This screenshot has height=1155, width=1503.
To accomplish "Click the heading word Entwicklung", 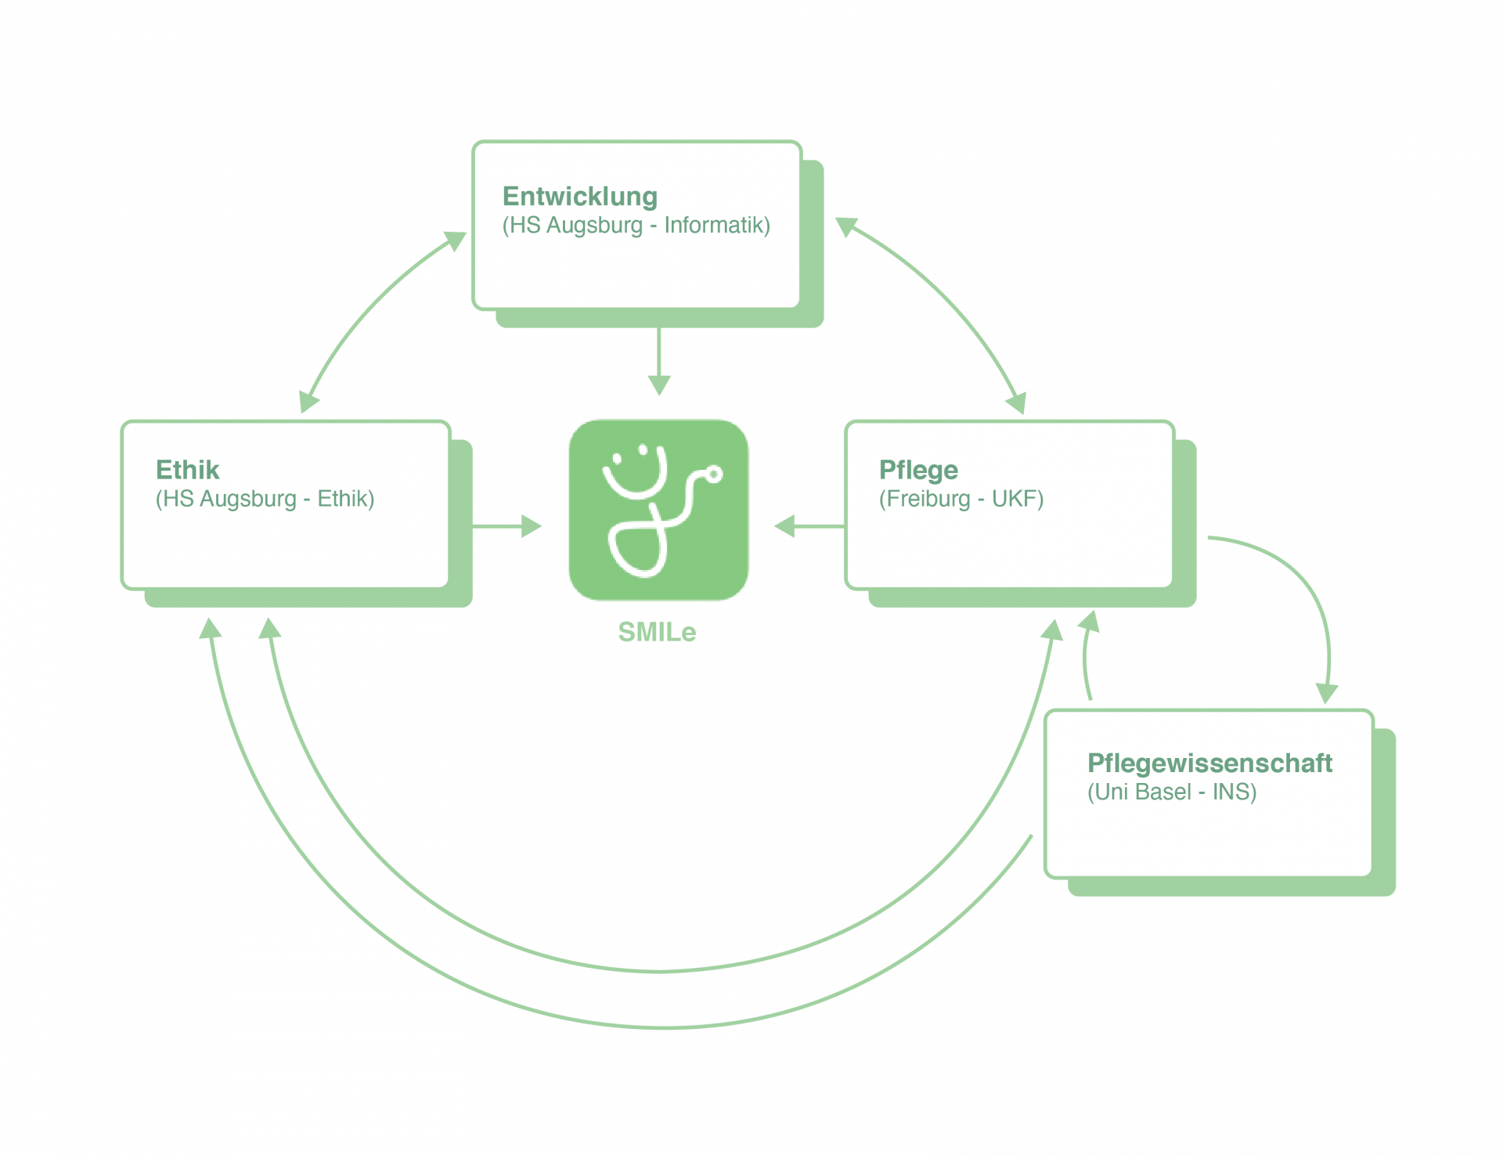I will pos(579,197).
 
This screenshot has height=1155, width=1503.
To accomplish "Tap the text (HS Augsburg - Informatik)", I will pos(636,226).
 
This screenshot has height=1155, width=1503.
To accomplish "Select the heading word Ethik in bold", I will pos(187,470).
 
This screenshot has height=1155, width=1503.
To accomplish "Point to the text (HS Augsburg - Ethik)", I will pos(265,499).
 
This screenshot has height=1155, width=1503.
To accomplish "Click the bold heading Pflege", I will pos(917,470).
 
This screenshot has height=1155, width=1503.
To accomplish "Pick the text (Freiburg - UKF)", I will pos(961,499).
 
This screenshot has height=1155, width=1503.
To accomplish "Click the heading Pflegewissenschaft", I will pos(1209,763).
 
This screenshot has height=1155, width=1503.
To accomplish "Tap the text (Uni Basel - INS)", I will pos(1171,792).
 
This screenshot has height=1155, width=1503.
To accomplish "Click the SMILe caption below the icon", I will pos(657,632).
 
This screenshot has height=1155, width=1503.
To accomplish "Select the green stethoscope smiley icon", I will pos(658,510).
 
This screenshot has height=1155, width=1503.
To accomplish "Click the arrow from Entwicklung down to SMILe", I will pos(659,360).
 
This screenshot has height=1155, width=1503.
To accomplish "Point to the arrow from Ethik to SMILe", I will pos(506,526).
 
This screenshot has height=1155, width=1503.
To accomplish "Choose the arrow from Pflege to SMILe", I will pos(808,526).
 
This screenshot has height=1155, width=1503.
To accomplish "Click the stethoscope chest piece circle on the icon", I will pos(713,474).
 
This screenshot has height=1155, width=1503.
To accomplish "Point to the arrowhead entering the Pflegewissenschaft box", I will pos(1326,694).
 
